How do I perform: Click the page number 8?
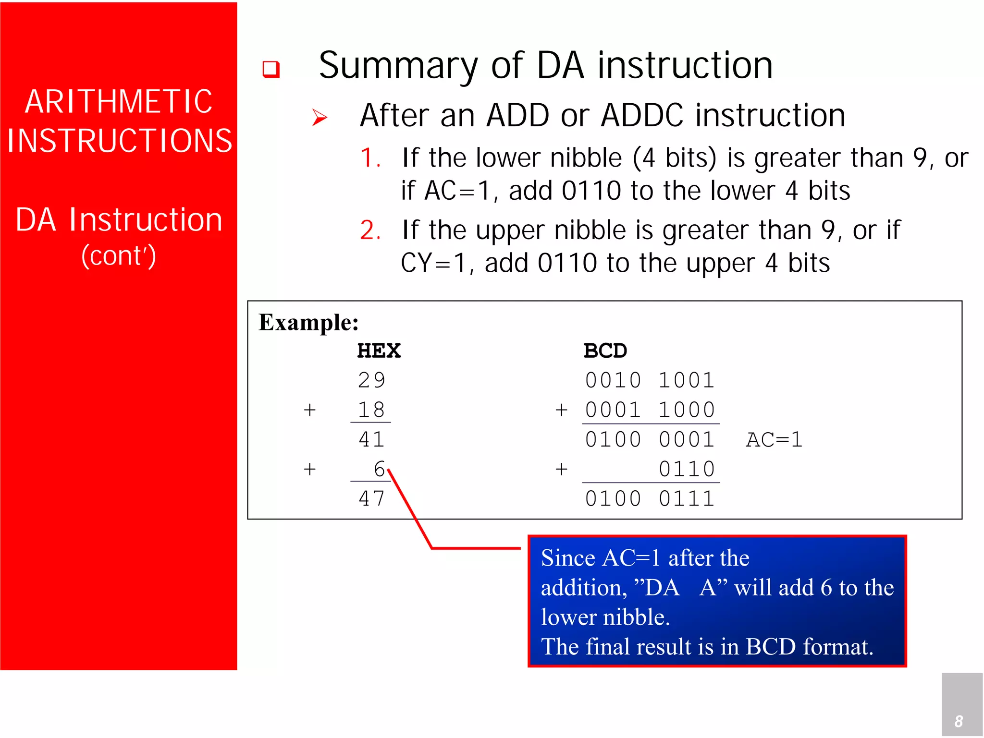(959, 721)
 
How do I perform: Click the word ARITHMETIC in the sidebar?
(119, 102)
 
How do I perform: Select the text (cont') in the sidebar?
(119, 255)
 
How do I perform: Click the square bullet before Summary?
(271, 69)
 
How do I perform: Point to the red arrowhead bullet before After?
(320, 117)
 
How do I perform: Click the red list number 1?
(370, 158)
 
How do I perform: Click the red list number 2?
(370, 230)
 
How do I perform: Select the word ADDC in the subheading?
(642, 116)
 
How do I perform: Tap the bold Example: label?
(308, 322)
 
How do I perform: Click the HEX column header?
(379, 351)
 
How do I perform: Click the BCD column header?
(605, 351)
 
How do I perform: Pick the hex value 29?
(371, 380)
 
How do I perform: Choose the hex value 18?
(371, 410)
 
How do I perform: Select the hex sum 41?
(371, 439)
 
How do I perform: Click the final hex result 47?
(371, 498)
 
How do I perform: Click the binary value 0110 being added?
(687, 469)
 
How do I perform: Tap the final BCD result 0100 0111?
(650, 498)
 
